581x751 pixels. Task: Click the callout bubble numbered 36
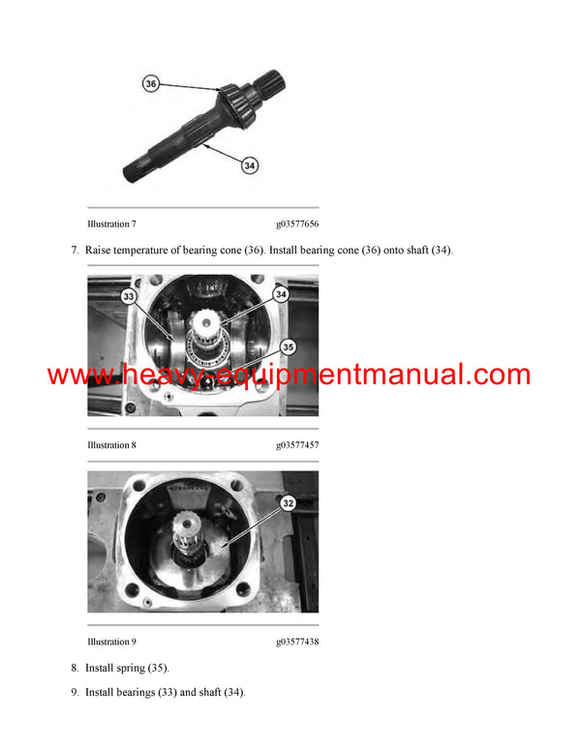coord(151,84)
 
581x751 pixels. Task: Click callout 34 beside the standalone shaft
coord(250,166)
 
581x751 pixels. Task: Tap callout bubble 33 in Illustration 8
coord(129,297)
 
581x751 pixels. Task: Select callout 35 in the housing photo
coord(287,346)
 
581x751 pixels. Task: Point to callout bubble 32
coord(288,503)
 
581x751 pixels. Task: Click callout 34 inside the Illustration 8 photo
coord(282,293)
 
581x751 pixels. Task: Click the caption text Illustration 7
coord(112,224)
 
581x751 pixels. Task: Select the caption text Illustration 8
coord(112,445)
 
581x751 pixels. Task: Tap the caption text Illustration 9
coord(112,642)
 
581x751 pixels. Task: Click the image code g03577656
coord(297,224)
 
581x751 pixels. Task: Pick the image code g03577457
coord(297,445)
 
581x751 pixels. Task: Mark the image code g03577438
coord(297,642)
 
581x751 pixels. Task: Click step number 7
coord(75,251)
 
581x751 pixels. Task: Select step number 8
coord(75,668)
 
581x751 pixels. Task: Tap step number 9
coord(75,693)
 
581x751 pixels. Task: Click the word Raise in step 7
coord(99,251)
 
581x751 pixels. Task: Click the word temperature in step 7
coord(150,251)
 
